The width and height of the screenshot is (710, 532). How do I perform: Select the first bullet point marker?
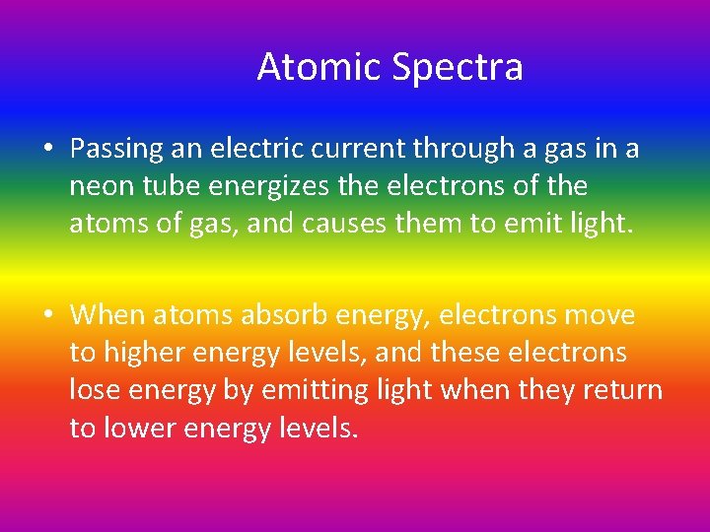pyautogui.click(x=47, y=149)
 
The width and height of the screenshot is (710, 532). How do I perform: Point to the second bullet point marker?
pyautogui.click(x=47, y=316)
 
